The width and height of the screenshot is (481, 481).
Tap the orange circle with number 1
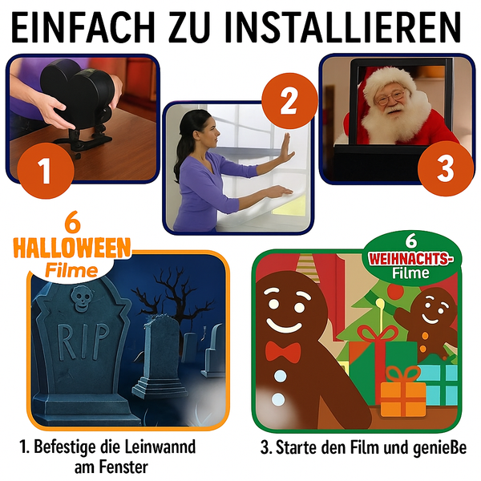(x=46, y=171)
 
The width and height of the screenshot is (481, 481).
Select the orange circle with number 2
(x=289, y=101)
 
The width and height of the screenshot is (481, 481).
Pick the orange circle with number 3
(x=446, y=168)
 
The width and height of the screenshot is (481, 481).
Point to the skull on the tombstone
(x=81, y=298)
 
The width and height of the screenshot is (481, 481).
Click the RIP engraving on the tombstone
(x=83, y=341)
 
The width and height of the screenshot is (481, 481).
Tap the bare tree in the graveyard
(x=172, y=304)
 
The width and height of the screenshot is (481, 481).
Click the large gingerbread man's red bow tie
(x=283, y=351)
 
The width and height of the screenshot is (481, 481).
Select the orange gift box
(x=403, y=394)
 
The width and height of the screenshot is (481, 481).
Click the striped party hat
(x=309, y=268)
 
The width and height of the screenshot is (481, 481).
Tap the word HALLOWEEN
(x=72, y=248)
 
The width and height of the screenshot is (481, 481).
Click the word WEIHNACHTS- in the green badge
(x=411, y=259)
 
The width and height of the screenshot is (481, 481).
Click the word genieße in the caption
(x=439, y=447)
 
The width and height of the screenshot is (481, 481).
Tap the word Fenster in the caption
(x=124, y=467)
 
